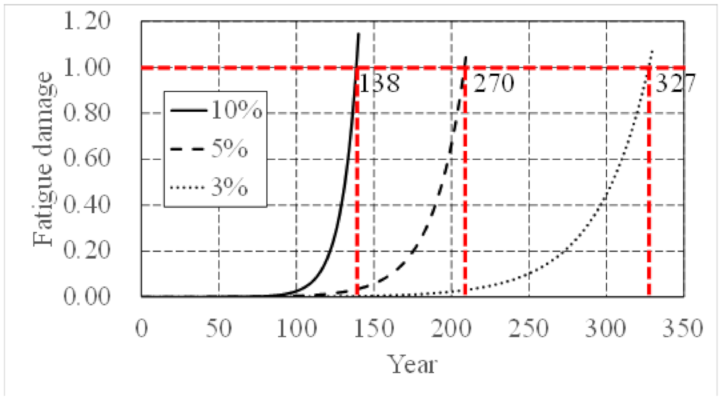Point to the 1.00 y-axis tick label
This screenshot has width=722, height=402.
pyautogui.click(x=86, y=67)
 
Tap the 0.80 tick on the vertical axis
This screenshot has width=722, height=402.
pyautogui.click(x=86, y=113)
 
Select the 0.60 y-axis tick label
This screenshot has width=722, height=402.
pyautogui.click(x=86, y=159)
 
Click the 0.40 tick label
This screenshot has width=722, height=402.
pyautogui.click(x=86, y=205)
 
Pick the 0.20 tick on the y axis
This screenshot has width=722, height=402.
pyautogui.click(x=86, y=251)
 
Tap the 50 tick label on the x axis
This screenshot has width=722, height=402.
pyautogui.click(x=219, y=329)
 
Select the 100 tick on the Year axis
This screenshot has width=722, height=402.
pyautogui.click(x=296, y=329)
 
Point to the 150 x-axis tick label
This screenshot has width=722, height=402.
pyautogui.click(x=374, y=329)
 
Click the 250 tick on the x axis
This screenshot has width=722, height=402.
pyautogui.click(x=529, y=329)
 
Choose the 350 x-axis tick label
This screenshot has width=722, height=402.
pyautogui.click(x=683, y=329)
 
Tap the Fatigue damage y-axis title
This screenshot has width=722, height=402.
pyautogui.click(x=43, y=159)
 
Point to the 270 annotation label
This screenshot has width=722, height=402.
pyautogui.click(x=493, y=84)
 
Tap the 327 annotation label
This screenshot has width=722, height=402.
pyautogui.click(x=675, y=84)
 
